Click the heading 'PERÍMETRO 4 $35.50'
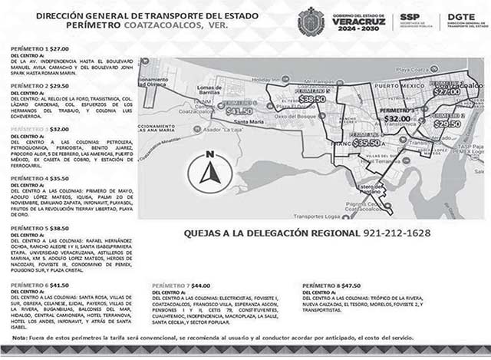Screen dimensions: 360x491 click(x=36, y=178)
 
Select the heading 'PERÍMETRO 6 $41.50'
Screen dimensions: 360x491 click(x=36, y=284)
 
